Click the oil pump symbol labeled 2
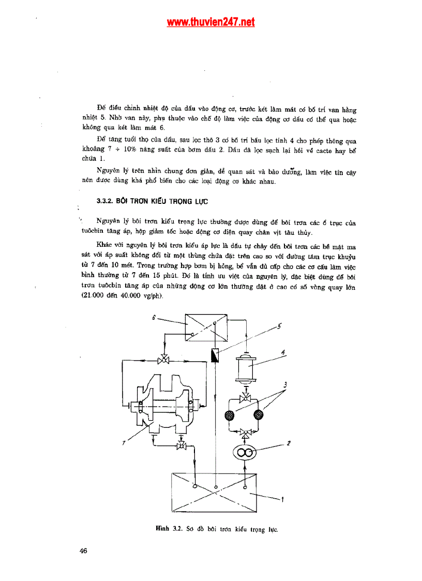pyautogui.click(x=246, y=453)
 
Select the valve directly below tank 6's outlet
pyautogui.click(x=163, y=360)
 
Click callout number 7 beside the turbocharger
pyautogui.click(x=123, y=443)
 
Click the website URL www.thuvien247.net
pyautogui.click(x=210, y=22)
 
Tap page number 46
pyautogui.click(x=83, y=550)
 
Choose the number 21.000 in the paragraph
pyautogui.click(x=93, y=295)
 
